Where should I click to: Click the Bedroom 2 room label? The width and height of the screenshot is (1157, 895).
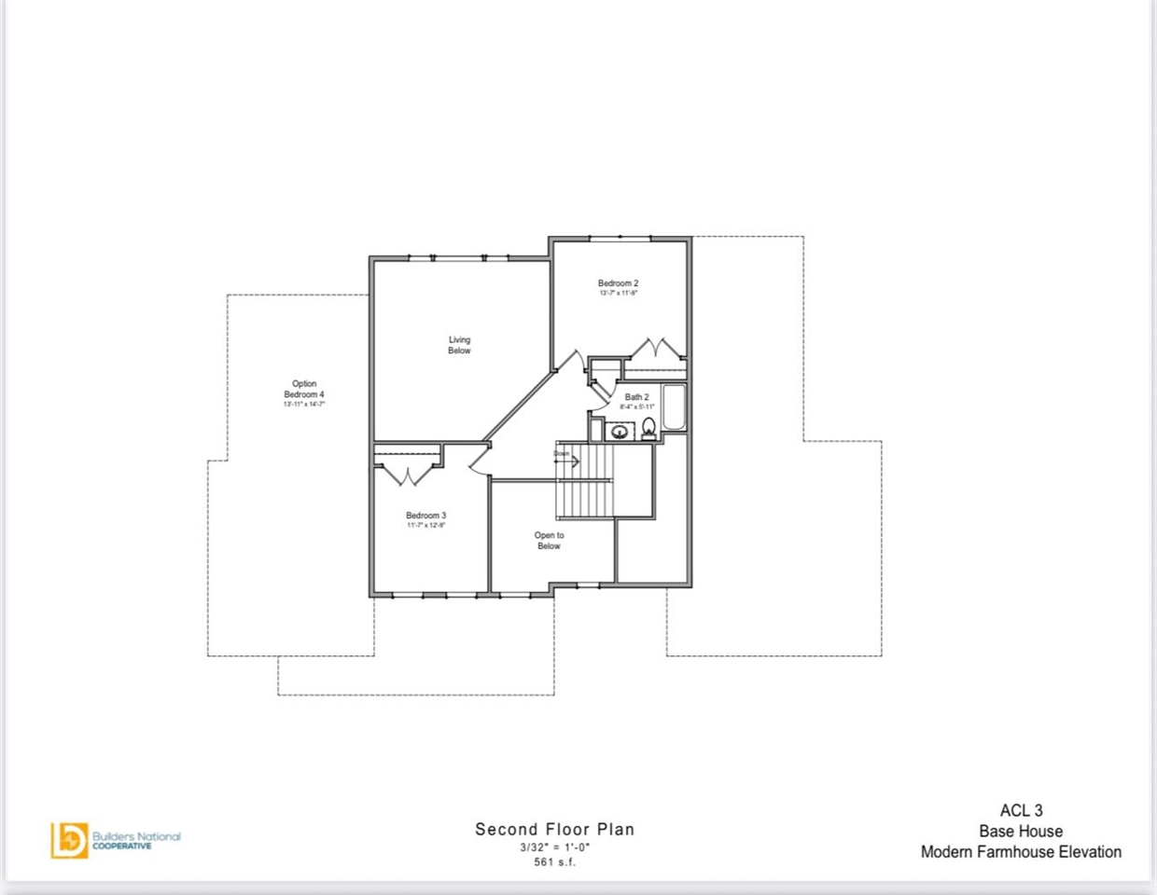point(618,283)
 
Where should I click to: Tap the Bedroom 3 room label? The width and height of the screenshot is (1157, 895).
point(425,516)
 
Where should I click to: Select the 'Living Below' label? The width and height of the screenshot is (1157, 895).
point(459,345)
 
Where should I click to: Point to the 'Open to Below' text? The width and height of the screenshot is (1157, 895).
point(549,541)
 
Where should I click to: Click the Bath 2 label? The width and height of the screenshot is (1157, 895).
point(636,397)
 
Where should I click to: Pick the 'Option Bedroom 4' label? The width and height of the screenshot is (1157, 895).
point(304,389)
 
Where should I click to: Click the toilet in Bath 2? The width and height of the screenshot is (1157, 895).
point(648,428)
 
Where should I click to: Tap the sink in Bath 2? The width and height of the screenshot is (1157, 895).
point(618,431)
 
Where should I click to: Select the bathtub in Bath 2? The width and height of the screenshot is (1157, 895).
point(674,407)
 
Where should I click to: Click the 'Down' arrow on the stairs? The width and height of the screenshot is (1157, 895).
point(566,460)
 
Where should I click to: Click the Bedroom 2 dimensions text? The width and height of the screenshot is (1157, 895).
point(618,294)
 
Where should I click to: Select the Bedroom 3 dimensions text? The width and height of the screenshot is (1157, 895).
point(425,526)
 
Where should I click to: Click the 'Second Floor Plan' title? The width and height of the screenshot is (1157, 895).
point(554,829)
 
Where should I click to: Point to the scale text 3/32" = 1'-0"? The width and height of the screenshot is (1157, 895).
point(554,847)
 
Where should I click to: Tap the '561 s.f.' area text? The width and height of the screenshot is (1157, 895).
point(554,862)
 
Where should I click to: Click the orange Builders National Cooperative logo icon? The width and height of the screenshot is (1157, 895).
point(69,839)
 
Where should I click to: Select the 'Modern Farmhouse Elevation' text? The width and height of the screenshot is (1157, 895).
point(1021,851)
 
